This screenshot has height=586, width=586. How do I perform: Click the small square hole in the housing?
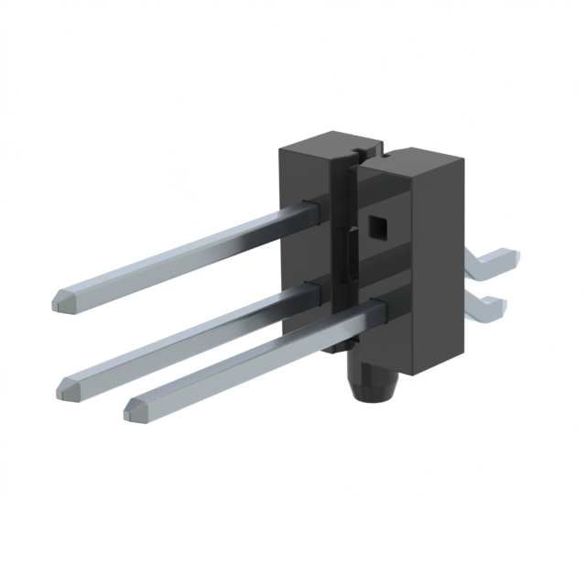(x=376, y=225)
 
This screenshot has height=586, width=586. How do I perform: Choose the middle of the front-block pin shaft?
(x=256, y=360)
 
